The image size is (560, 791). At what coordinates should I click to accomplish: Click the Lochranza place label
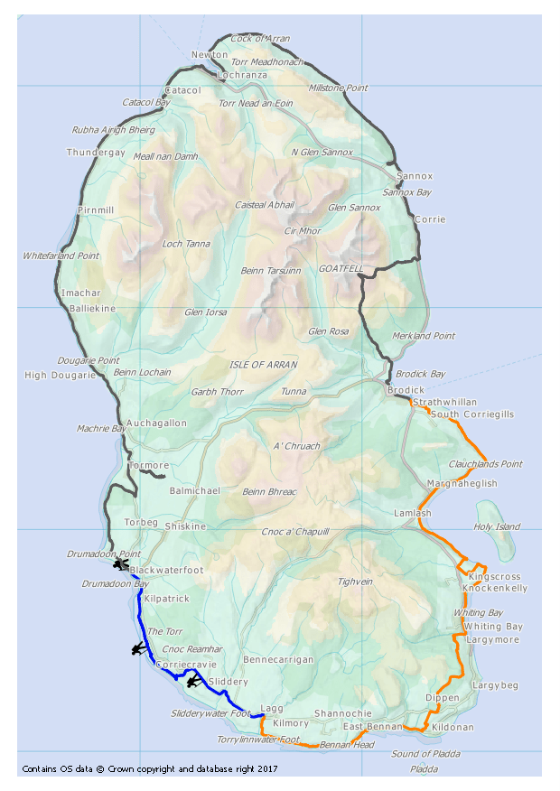[x=242, y=75]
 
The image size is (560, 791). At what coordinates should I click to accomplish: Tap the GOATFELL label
[x=341, y=269]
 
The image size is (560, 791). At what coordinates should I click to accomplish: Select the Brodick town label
[x=406, y=390]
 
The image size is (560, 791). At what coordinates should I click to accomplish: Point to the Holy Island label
[x=497, y=526]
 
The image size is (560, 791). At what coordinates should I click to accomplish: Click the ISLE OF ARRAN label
[x=264, y=364]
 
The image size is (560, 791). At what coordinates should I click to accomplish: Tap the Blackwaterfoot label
[x=166, y=572]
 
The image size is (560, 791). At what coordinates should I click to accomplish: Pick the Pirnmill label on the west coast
[x=96, y=210]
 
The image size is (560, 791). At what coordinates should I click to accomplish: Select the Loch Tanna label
[x=185, y=244]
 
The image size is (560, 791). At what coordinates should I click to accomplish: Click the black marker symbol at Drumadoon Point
[x=120, y=564]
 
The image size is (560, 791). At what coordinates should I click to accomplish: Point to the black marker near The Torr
[x=138, y=648]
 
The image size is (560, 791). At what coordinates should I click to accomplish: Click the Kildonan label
[x=453, y=727]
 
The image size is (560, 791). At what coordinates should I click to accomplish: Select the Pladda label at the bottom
[x=424, y=769]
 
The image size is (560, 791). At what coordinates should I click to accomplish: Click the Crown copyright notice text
[x=149, y=769]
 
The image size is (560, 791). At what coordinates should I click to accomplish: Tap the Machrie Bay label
[x=101, y=428]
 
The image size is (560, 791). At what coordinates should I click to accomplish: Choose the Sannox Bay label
[x=407, y=192]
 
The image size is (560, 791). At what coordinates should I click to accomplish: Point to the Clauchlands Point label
[x=485, y=464]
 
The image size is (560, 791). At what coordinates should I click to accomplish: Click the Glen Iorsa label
[x=205, y=312]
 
